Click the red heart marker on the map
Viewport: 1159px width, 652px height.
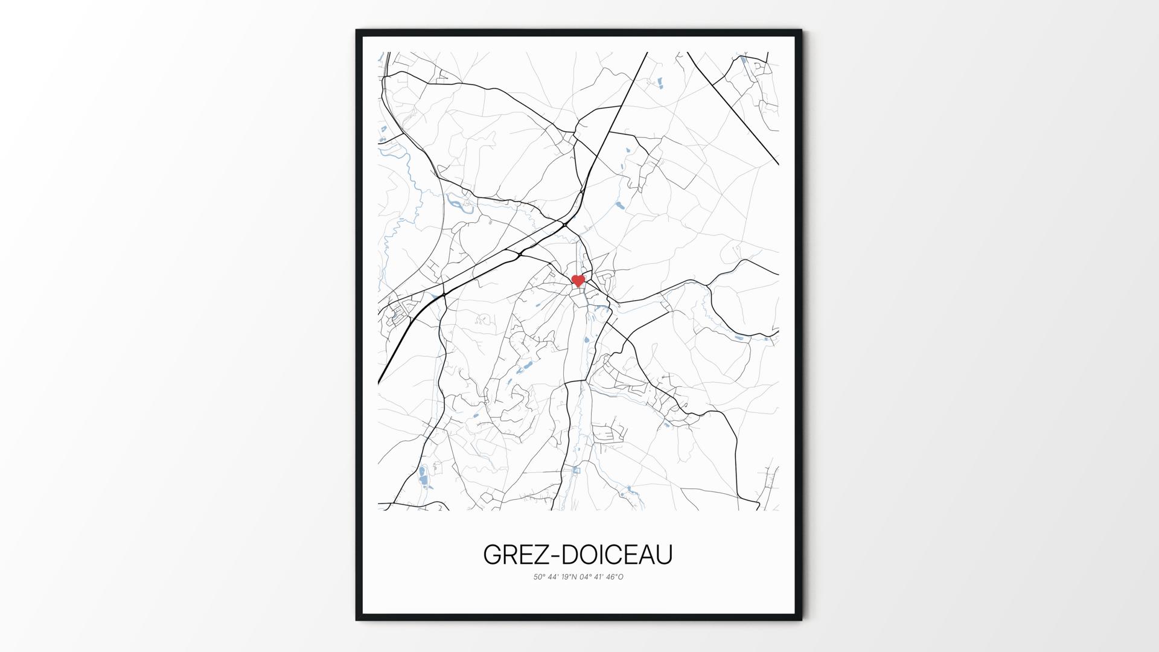tap(578, 280)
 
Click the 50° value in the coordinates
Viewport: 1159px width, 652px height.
tap(539, 577)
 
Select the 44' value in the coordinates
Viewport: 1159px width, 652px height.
tap(554, 577)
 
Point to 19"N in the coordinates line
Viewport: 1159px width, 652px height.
tap(569, 577)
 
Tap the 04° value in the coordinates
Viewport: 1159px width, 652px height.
tap(586, 577)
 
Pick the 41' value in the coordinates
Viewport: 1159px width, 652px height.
tap(600, 577)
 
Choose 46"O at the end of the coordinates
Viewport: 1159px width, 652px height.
tap(615, 577)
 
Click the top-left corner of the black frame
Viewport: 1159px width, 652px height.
tap(357, 30)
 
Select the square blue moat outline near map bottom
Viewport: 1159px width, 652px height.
tap(576, 470)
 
